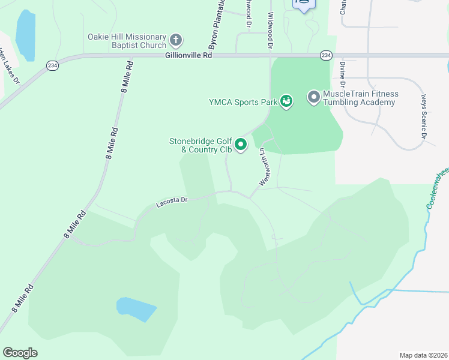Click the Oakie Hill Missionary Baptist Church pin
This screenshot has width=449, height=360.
coord(176,41)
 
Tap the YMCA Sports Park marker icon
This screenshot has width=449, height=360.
coord(287,102)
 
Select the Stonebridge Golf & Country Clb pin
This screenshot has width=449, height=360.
coord(241,145)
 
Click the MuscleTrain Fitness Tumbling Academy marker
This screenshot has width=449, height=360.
coord(313,97)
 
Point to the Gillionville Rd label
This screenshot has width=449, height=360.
coord(188,55)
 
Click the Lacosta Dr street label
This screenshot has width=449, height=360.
coord(172,203)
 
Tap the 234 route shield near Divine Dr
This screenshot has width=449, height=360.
coord(325,55)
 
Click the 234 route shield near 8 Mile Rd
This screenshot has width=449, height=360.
coord(52,65)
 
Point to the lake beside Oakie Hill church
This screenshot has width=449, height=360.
coord(25,35)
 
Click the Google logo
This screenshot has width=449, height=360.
coord(20,353)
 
